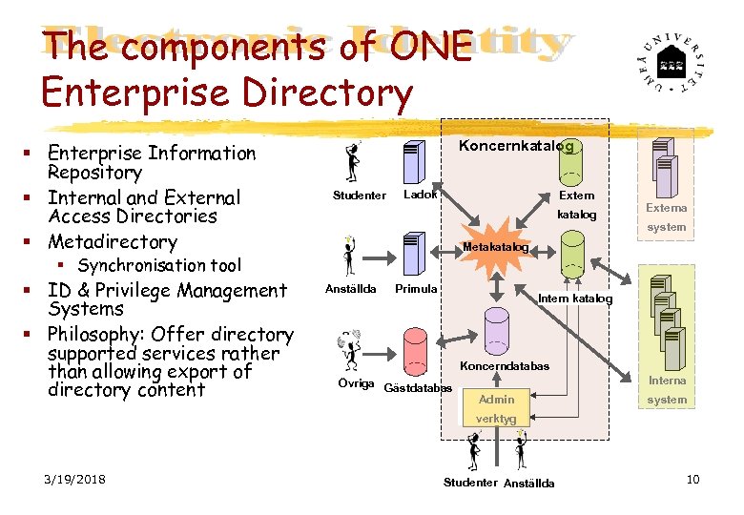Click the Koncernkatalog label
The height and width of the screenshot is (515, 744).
tap(516, 146)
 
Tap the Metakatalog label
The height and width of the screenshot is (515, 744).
tap(494, 248)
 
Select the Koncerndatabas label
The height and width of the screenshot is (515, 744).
tap(505, 366)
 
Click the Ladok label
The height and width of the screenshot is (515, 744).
tap(420, 196)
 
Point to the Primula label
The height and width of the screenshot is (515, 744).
tap(416, 289)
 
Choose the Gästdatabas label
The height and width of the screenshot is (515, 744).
tap(417, 387)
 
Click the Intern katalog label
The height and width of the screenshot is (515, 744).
tap(575, 299)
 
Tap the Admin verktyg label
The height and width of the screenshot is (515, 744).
tap(496, 409)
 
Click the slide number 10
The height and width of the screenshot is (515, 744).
tap(692, 479)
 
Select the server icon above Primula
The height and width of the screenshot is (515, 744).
tap(413, 251)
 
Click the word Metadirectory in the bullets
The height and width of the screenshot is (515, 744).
tap(113, 242)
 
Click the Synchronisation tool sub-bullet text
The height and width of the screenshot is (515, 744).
tap(159, 265)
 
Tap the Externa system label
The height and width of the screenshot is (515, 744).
tap(666, 217)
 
